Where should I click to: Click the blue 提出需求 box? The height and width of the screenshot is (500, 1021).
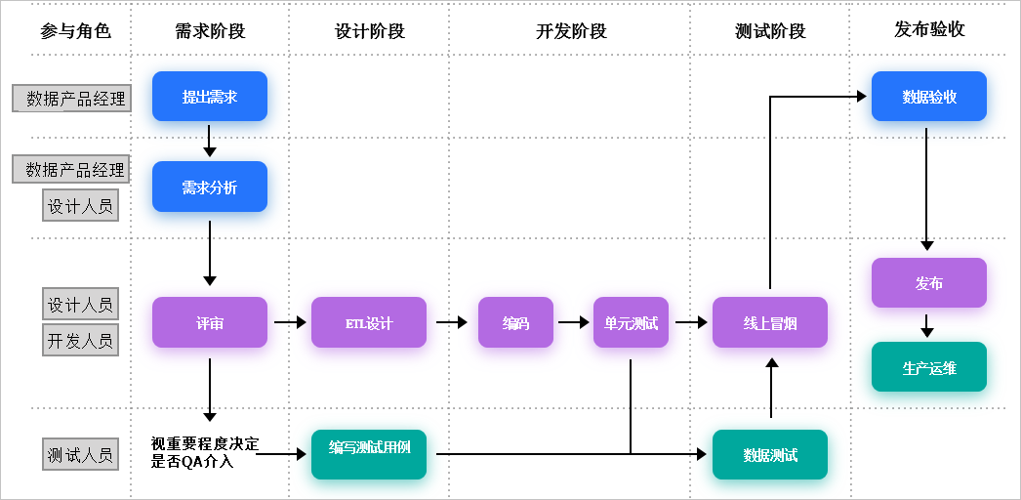click(x=209, y=96)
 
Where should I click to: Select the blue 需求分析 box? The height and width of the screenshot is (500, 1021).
click(x=209, y=187)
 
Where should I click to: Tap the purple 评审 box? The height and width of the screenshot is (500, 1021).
click(x=209, y=322)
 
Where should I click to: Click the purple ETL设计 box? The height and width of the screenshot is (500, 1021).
click(x=368, y=322)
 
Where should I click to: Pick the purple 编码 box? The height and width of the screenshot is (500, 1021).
click(x=515, y=322)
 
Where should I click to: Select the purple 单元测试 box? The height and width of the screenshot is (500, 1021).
click(x=631, y=322)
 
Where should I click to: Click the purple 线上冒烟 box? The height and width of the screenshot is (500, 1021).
click(x=769, y=322)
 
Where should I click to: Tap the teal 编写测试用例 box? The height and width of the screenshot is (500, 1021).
click(x=368, y=453)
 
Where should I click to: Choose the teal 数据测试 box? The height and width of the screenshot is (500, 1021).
click(x=769, y=454)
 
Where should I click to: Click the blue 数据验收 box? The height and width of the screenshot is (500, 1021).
click(x=928, y=96)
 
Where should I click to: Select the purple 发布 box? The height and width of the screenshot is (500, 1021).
click(x=928, y=282)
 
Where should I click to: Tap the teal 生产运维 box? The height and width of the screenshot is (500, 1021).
click(x=928, y=367)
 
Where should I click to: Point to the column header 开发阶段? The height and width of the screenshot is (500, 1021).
click(x=571, y=31)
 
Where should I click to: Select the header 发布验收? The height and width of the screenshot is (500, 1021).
click(x=929, y=29)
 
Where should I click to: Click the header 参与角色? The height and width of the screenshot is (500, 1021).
click(x=75, y=31)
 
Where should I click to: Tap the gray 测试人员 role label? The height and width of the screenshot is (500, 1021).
click(x=81, y=454)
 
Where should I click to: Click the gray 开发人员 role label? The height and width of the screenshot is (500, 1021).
click(x=81, y=340)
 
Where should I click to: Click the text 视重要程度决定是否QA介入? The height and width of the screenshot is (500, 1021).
click(x=205, y=453)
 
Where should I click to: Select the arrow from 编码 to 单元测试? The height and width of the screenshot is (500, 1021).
click(x=573, y=321)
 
